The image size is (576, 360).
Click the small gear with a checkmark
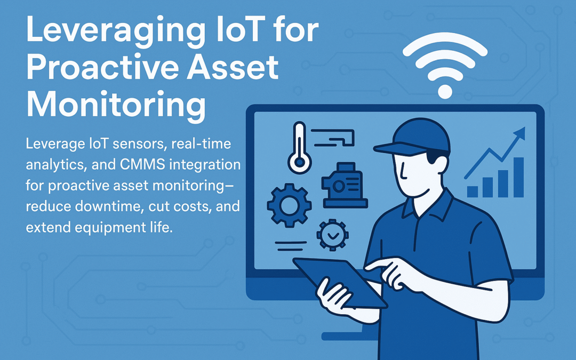coord(332,234)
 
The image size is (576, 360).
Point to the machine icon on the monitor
coord(344,185)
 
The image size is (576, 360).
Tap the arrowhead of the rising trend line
coord(519,133)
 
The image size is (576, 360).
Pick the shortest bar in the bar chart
coord(472,191)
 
